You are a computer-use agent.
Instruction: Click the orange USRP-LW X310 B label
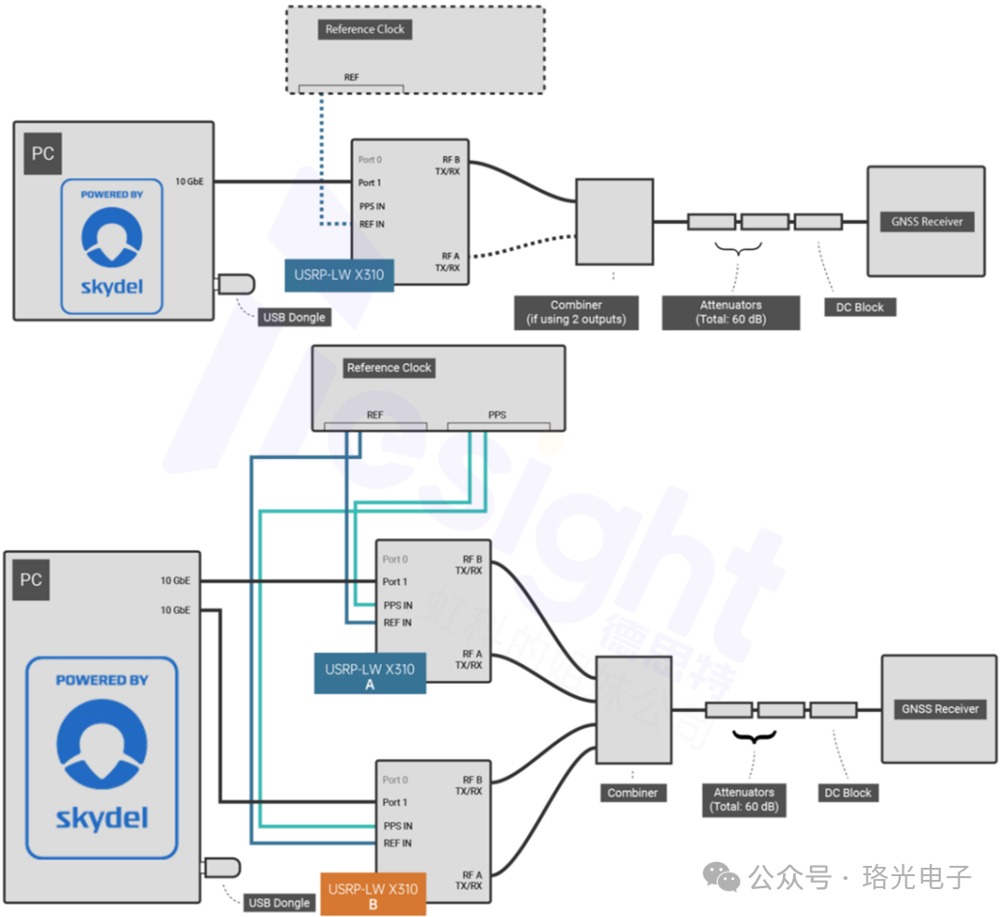[373, 895]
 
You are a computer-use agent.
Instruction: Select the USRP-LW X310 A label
[370, 675]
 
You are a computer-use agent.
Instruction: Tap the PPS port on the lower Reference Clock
[497, 415]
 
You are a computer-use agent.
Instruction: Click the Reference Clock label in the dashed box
[365, 30]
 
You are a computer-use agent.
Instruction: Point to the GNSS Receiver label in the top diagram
[928, 222]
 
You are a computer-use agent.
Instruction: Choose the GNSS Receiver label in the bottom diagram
[941, 709]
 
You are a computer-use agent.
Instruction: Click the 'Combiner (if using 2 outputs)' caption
[576, 312]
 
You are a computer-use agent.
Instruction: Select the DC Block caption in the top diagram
[860, 308]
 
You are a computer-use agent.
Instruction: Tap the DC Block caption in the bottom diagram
[848, 793]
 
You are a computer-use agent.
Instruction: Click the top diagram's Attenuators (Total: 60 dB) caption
[731, 312]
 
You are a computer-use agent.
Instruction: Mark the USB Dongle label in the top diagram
[293, 318]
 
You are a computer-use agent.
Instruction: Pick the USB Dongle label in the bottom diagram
[279, 903]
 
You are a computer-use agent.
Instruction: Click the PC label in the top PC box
[43, 154]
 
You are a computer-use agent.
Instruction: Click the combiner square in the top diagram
[614, 222]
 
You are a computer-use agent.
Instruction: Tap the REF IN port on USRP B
[397, 844]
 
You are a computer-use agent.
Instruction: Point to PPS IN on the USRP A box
[397, 605]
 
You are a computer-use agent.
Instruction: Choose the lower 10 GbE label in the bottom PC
[175, 610]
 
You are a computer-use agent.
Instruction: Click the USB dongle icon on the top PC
[234, 283]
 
